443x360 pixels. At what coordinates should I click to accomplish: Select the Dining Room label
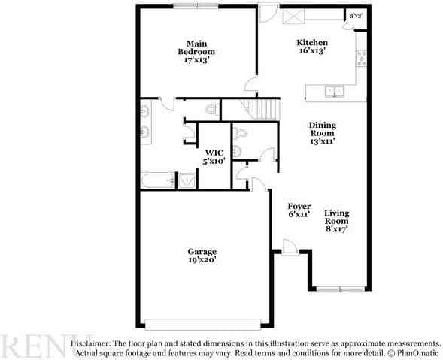pyautogui.click(x=323, y=132)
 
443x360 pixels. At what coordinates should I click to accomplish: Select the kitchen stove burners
pyautogui.click(x=361, y=57)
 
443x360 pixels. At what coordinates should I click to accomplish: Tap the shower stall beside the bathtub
pyautogui.click(x=185, y=180)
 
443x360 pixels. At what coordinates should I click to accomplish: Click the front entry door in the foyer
pyautogui.click(x=290, y=247)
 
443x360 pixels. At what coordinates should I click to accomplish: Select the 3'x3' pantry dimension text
pyautogui.click(x=354, y=14)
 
